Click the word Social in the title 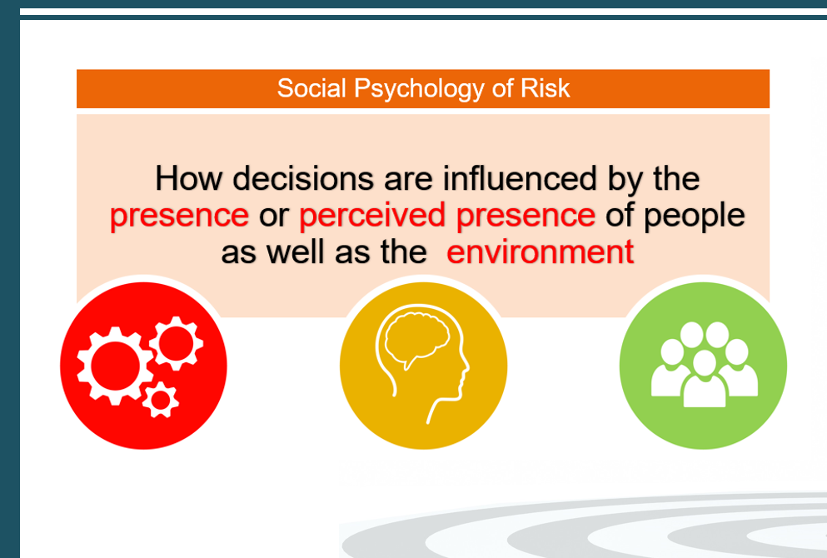(x=311, y=88)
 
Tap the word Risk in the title (x=546, y=88)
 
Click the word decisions (x=303, y=178)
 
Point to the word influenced (x=519, y=178)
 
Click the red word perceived (x=372, y=217)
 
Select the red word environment (x=540, y=252)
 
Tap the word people (x=694, y=217)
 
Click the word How (x=188, y=178)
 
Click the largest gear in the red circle (x=115, y=366)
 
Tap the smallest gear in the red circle (x=161, y=401)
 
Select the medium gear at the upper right (x=176, y=343)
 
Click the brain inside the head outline (x=416, y=340)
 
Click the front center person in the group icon (x=704, y=379)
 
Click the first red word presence (x=179, y=217)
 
